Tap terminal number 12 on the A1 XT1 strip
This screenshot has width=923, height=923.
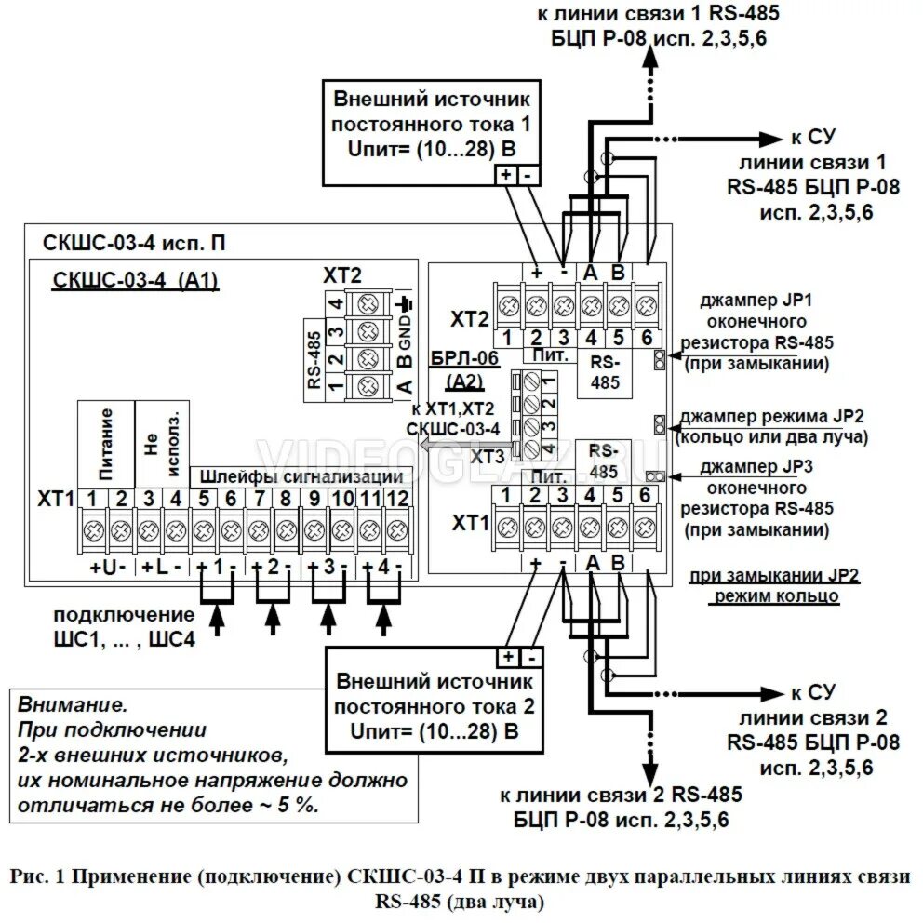click(x=397, y=499)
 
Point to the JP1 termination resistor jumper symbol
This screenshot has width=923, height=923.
click(x=659, y=360)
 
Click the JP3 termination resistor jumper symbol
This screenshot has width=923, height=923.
click(x=655, y=476)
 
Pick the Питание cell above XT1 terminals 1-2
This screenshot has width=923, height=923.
click(x=106, y=441)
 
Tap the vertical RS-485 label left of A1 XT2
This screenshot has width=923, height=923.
click(x=314, y=358)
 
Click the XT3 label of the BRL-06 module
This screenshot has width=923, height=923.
click(x=488, y=457)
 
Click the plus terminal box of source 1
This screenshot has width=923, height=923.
click(x=503, y=174)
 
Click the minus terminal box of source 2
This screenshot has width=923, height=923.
click(x=532, y=657)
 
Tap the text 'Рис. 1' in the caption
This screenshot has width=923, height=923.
click(x=34, y=876)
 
